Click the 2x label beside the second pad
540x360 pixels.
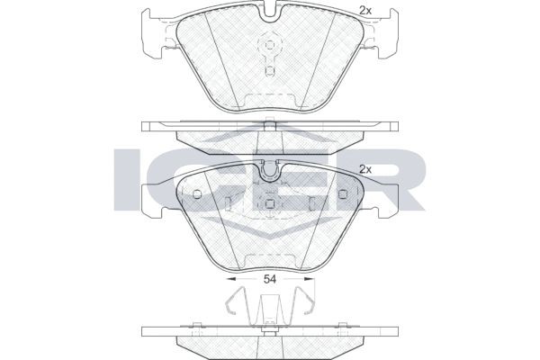[364, 168]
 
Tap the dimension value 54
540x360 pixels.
[269, 281]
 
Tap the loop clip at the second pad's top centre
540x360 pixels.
[270, 169]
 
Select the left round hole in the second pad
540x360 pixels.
[198, 195]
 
